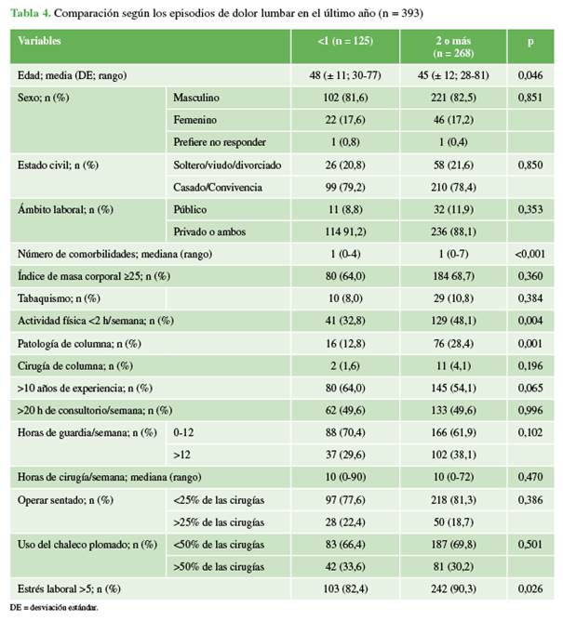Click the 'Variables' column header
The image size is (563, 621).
click(x=41, y=42)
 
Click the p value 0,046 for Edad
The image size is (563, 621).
click(x=529, y=73)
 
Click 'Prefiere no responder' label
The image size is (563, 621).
click(x=221, y=141)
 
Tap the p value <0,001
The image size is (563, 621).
click(x=529, y=254)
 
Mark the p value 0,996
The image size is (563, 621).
click(x=529, y=410)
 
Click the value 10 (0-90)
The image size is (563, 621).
click(x=349, y=477)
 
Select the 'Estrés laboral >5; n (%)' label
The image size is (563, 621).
click(x=69, y=588)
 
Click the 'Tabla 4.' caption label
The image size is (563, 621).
click(x=32, y=12)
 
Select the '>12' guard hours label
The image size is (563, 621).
click(x=181, y=455)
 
